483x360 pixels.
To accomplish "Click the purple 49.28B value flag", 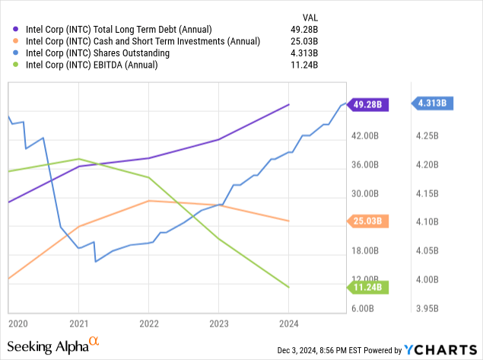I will (x=368, y=105).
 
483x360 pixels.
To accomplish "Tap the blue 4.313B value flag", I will (x=434, y=104).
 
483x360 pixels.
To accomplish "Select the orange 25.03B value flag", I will (x=368, y=221).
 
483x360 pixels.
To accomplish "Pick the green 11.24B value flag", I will (x=368, y=287).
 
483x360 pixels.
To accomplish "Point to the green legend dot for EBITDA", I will (x=16, y=65).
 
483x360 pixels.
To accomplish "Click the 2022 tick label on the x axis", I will (x=148, y=323).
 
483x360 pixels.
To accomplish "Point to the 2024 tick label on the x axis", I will (x=288, y=323).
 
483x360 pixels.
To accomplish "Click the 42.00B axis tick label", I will (x=362, y=136).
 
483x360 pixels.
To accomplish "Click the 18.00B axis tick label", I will (x=362, y=251).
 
